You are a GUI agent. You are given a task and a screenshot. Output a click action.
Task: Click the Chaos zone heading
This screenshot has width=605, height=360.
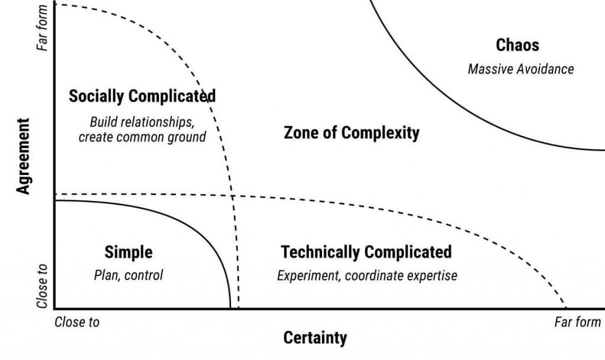(x=518, y=45)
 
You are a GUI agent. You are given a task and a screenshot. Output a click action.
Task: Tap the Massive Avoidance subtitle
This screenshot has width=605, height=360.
(x=521, y=69)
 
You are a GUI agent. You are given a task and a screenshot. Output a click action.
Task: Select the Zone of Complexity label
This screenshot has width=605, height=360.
(x=352, y=133)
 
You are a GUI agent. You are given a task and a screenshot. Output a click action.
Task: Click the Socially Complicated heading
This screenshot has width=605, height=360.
(x=142, y=96)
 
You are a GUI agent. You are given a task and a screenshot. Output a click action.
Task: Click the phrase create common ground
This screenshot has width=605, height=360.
(x=142, y=137)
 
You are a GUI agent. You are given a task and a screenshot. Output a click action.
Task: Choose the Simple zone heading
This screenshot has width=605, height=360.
(x=128, y=252)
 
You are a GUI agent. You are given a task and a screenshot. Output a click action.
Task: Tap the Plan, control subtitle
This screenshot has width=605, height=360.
(x=128, y=275)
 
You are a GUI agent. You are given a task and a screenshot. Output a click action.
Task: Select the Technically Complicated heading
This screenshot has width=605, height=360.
(x=366, y=252)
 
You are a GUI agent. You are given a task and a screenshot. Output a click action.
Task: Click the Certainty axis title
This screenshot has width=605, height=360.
(x=315, y=338)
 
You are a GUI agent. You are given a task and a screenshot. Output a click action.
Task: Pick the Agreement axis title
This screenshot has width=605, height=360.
(x=23, y=156)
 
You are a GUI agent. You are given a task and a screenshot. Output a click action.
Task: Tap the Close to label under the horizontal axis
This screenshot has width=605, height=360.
(x=77, y=322)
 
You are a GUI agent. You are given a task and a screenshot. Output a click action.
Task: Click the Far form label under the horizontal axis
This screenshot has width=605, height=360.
(x=577, y=322)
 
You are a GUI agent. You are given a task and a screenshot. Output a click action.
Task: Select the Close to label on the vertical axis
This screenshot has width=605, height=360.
(x=42, y=287)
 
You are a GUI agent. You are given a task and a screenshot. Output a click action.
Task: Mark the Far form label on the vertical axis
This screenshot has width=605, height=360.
(x=42, y=28)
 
